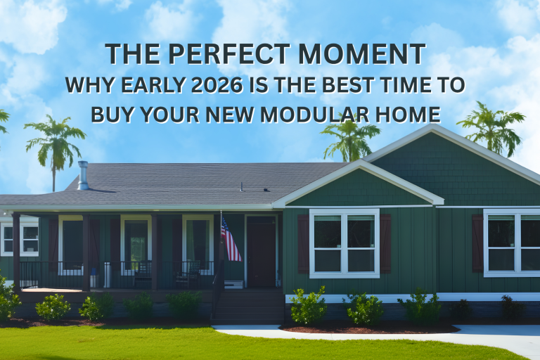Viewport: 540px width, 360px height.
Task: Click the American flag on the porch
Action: coord(230,239)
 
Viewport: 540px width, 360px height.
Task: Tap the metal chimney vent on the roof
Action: coord(83,176)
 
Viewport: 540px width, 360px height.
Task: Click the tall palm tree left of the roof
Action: coord(55,148)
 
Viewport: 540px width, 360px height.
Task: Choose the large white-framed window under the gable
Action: coord(344,243)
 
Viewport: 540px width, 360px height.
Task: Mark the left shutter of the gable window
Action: coord(303,243)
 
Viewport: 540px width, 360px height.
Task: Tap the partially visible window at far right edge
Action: coord(512,243)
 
